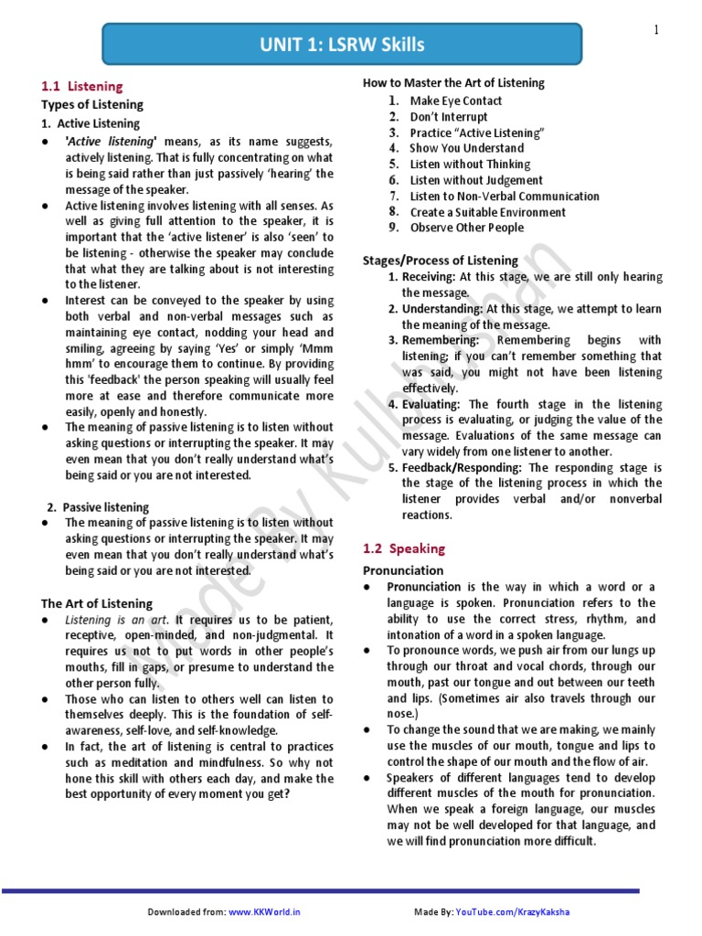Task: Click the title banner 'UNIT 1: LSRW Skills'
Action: (x=341, y=45)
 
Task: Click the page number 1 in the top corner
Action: (x=656, y=30)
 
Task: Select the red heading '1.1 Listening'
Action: (x=82, y=86)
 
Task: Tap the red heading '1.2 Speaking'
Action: (x=403, y=548)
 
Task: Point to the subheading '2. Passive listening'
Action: (x=98, y=506)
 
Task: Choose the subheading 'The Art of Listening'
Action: (x=96, y=603)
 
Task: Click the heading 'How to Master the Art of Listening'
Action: (x=453, y=82)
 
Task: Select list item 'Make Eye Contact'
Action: (x=455, y=101)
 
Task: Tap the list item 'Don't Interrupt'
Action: (x=448, y=117)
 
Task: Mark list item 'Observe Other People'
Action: (x=466, y=228)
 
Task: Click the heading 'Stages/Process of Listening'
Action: (x=440, y=261)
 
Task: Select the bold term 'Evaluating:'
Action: (x=433, y=404)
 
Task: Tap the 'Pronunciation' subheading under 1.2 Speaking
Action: (x=403, y=570)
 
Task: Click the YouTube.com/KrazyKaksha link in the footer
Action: (x=518, y=912)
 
